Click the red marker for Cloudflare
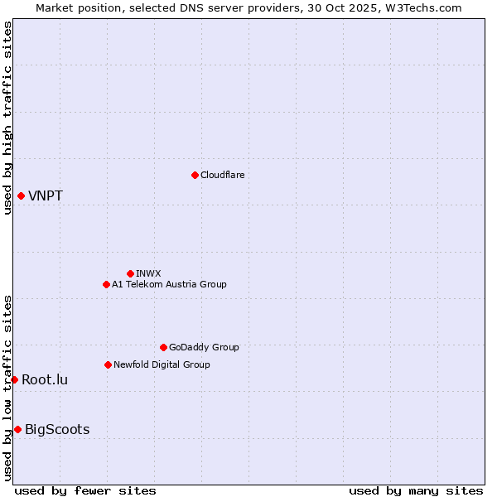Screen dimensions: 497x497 195,175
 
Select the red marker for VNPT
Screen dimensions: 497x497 21,195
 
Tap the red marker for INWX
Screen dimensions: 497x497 130,273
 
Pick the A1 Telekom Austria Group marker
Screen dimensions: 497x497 106,284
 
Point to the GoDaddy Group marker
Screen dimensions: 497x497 163,347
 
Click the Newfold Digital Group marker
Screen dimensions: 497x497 108,364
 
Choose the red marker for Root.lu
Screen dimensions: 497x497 14,379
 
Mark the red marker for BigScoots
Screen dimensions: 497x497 17,429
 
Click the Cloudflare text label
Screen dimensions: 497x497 222,175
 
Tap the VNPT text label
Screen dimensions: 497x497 46,196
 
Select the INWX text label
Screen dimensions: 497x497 148,273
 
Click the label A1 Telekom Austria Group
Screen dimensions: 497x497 169,284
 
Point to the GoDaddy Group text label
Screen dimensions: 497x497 204,347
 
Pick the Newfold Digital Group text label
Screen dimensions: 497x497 162,364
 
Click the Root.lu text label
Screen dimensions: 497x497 45,380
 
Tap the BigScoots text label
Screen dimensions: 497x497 57,430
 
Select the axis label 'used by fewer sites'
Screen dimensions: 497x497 85,490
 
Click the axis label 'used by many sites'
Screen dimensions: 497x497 416,490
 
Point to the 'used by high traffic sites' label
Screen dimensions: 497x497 7,118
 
